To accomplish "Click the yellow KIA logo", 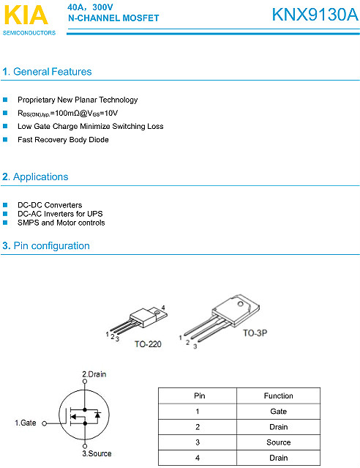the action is click(x=26, y=15).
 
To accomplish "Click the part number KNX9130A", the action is click(x=315, y=15).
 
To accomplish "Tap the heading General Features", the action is click(x=53, y=72).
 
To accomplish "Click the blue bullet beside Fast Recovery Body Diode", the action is click(x=5, y=139).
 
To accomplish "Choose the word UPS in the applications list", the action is click(x=95, y=214).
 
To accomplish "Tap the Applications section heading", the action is click(x=40, y=177).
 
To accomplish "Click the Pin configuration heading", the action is click(x=52, y=245).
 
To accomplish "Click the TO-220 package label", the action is click(x=148, y=344).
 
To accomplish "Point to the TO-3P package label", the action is click(x=255, y=333).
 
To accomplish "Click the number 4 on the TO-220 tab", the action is click(x=163, y=308).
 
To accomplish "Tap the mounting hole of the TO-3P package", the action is click(x=241, y=304).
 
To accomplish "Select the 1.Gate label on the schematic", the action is click(x=26, y=423).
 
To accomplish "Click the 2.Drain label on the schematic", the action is click(x=94, y=374).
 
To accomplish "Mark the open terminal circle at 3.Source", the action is click(x=85, y=446).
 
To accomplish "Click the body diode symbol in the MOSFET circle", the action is click(x=97, y=415).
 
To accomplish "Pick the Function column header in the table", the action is click(x=279, y=395).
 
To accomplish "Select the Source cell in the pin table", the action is click(x=279, y=442).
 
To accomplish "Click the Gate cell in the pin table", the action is click(x=279, y=412).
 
